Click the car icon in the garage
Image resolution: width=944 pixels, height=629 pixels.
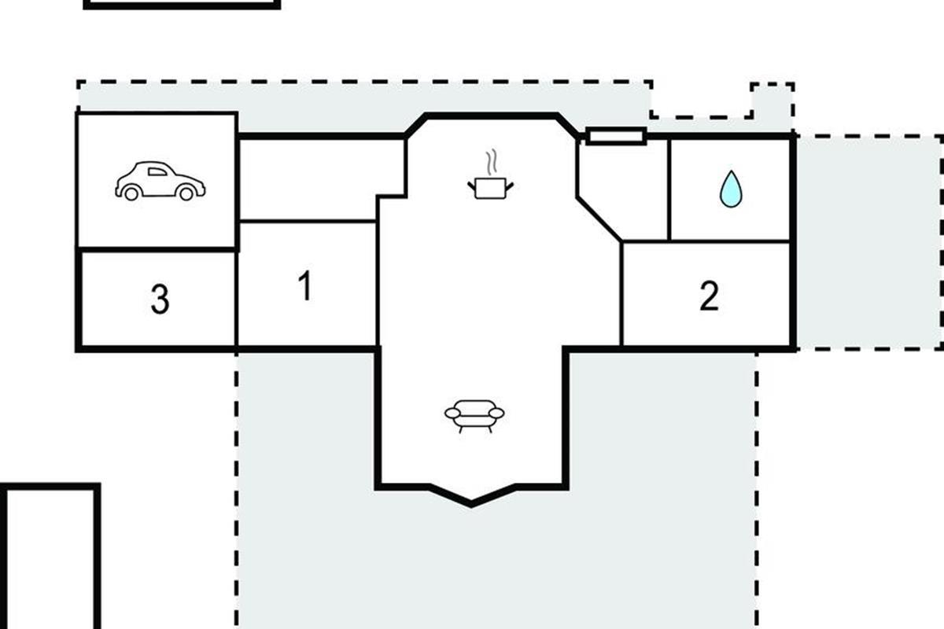[x=160, y=181]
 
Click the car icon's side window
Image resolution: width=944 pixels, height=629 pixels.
[x=157, y=171]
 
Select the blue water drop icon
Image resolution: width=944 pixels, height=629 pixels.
[x=731, y=189]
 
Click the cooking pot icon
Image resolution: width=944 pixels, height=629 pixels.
[x=491, y=188]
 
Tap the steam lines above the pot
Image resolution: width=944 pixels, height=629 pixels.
[x=492, y=162]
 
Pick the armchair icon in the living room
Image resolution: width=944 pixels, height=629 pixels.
[x=474, y=416]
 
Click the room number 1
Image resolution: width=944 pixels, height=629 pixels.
[x=305, y=285]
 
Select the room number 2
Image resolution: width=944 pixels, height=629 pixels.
[x=709, y=296]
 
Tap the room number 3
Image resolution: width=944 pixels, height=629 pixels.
[x=160, y=299]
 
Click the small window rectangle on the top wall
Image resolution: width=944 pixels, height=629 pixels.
[x=616, y=137]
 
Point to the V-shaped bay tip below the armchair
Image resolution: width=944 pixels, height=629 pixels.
[x=471, y=504]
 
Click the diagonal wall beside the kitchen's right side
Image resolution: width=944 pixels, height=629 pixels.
[x=599, y=219]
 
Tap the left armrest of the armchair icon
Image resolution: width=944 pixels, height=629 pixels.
[x=452, y=414]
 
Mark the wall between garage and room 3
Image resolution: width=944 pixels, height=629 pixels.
[x=157, y=250]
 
